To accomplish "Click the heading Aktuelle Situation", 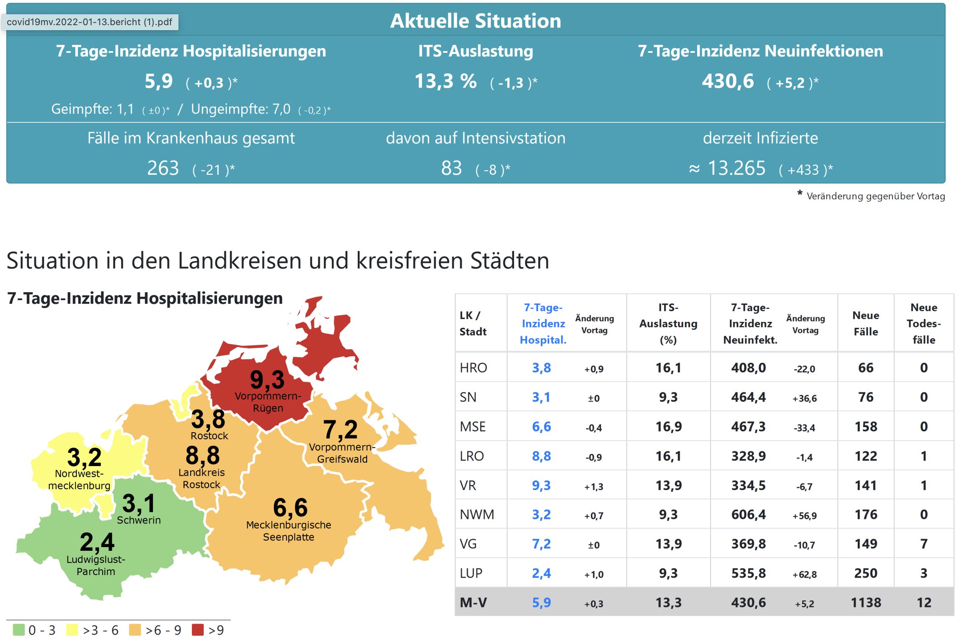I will click(476, 21).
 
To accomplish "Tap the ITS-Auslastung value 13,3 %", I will click(445, 81).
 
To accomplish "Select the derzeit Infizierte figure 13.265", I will click(736, 169).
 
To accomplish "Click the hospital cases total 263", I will click(163, 169).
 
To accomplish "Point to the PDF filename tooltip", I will click(90, 22).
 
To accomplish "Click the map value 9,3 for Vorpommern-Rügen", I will click(267, 380).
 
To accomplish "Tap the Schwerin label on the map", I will click(139, 520).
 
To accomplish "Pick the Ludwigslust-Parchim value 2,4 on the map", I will click(97, 542).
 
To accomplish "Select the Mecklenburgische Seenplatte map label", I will click(289, 531).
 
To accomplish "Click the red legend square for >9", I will click(198, 630).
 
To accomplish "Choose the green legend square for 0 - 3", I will click(18, 630).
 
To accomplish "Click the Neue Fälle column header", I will click(866, 323).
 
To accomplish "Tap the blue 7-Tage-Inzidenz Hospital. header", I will click(543, 323).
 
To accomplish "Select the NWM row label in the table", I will click(477, 514).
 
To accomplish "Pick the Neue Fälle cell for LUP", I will click(866, 573).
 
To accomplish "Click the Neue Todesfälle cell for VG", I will click(923, 544).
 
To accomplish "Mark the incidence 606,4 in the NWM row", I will click(748, 514).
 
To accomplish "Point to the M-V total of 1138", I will click(866, 602).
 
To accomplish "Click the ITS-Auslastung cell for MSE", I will click(668, 426).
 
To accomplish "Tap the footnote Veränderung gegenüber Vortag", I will click(875, 196).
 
